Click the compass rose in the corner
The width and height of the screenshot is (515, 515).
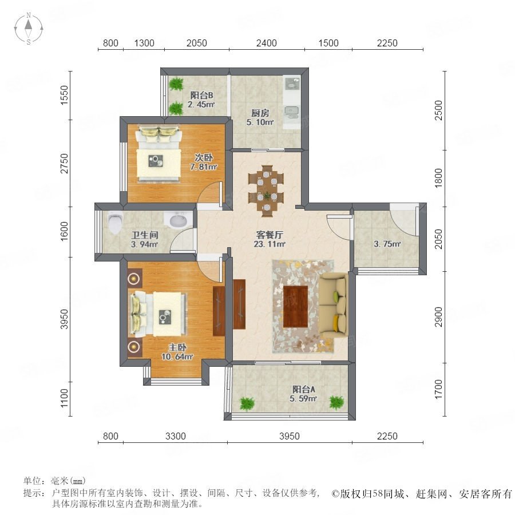(x=29, y=28)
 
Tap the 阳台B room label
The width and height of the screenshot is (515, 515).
(x=201, y=95)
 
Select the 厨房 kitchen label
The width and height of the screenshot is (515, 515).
(x=260, y=113)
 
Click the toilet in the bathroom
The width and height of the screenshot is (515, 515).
(x=114, y=222)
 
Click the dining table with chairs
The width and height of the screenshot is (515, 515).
(x=266, y=191)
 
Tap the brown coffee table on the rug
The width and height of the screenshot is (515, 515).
(x=295, y=307)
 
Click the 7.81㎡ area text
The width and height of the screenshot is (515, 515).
(x=203, y=167)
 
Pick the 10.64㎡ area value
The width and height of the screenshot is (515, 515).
(x=177, y=356)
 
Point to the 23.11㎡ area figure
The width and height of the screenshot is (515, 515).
(x=270, y=244)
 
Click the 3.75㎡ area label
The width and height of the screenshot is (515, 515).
(x=387, y=244)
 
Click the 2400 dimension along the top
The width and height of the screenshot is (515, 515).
(x=266, y=43)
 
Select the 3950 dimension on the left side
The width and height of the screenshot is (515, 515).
(x=64, y=319)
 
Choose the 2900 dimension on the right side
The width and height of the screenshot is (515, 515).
(x=438, y=317)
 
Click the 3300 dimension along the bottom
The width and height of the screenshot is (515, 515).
(x=176, y=436)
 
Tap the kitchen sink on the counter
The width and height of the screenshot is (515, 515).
(x=291, y=112)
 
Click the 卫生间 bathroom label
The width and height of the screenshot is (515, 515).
(x=145, y=235)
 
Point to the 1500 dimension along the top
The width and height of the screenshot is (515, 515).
(x=328, y=43)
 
